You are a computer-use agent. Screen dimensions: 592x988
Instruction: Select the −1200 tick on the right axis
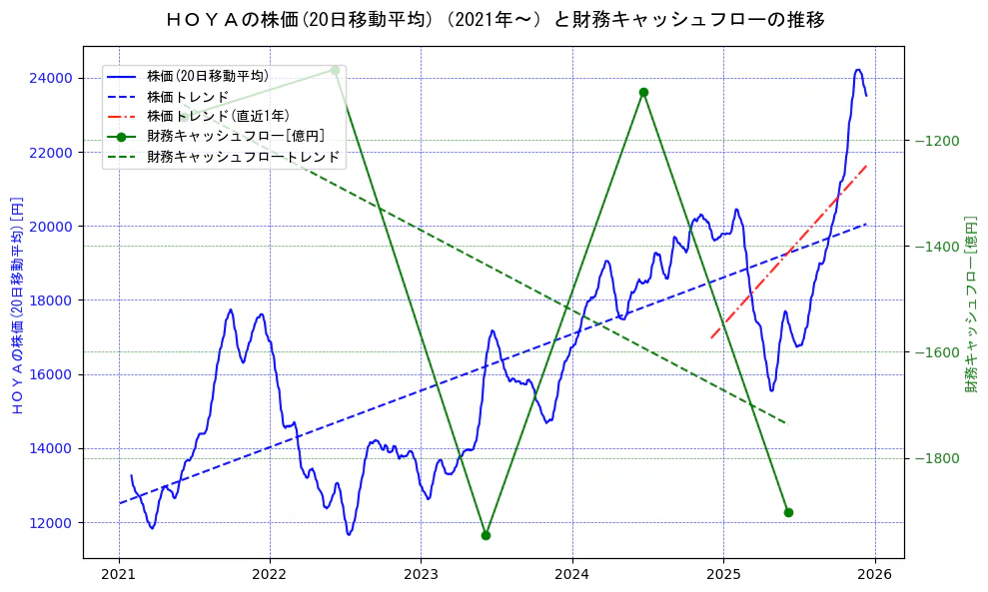[x=936, y=141]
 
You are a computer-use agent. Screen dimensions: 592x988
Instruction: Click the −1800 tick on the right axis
[x=936, y=458]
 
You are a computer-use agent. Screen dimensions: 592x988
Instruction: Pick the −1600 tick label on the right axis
[x=936, y=352]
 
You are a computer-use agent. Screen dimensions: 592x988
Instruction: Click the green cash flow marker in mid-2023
[x=486, y=535]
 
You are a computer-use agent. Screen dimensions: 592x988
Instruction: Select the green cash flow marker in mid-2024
[x=643, y=92]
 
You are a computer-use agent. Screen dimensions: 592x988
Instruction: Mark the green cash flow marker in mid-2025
[x=788, y=512]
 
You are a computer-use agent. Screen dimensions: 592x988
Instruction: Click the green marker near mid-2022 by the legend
[x=335, y=70]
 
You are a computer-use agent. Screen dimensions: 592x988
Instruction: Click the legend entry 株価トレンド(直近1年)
[x=218, y=116]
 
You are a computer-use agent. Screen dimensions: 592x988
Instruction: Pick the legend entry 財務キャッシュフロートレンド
[x=243, y=157]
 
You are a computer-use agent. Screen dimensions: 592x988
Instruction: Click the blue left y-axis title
[x=16, y=304]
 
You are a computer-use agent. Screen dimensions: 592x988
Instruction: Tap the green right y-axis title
[x=970, y=303]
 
